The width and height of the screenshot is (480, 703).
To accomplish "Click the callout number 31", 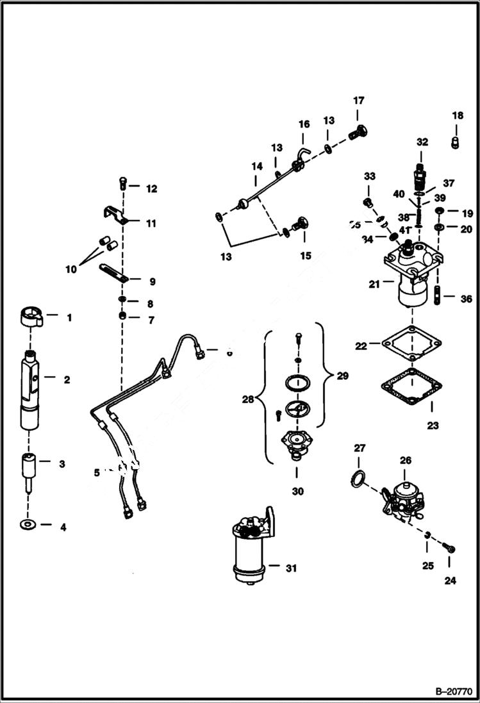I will tap(292, 568).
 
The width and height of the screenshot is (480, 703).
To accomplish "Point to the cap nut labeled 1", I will tap(30, 317).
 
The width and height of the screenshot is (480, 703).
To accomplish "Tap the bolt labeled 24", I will tap(450, 548).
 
